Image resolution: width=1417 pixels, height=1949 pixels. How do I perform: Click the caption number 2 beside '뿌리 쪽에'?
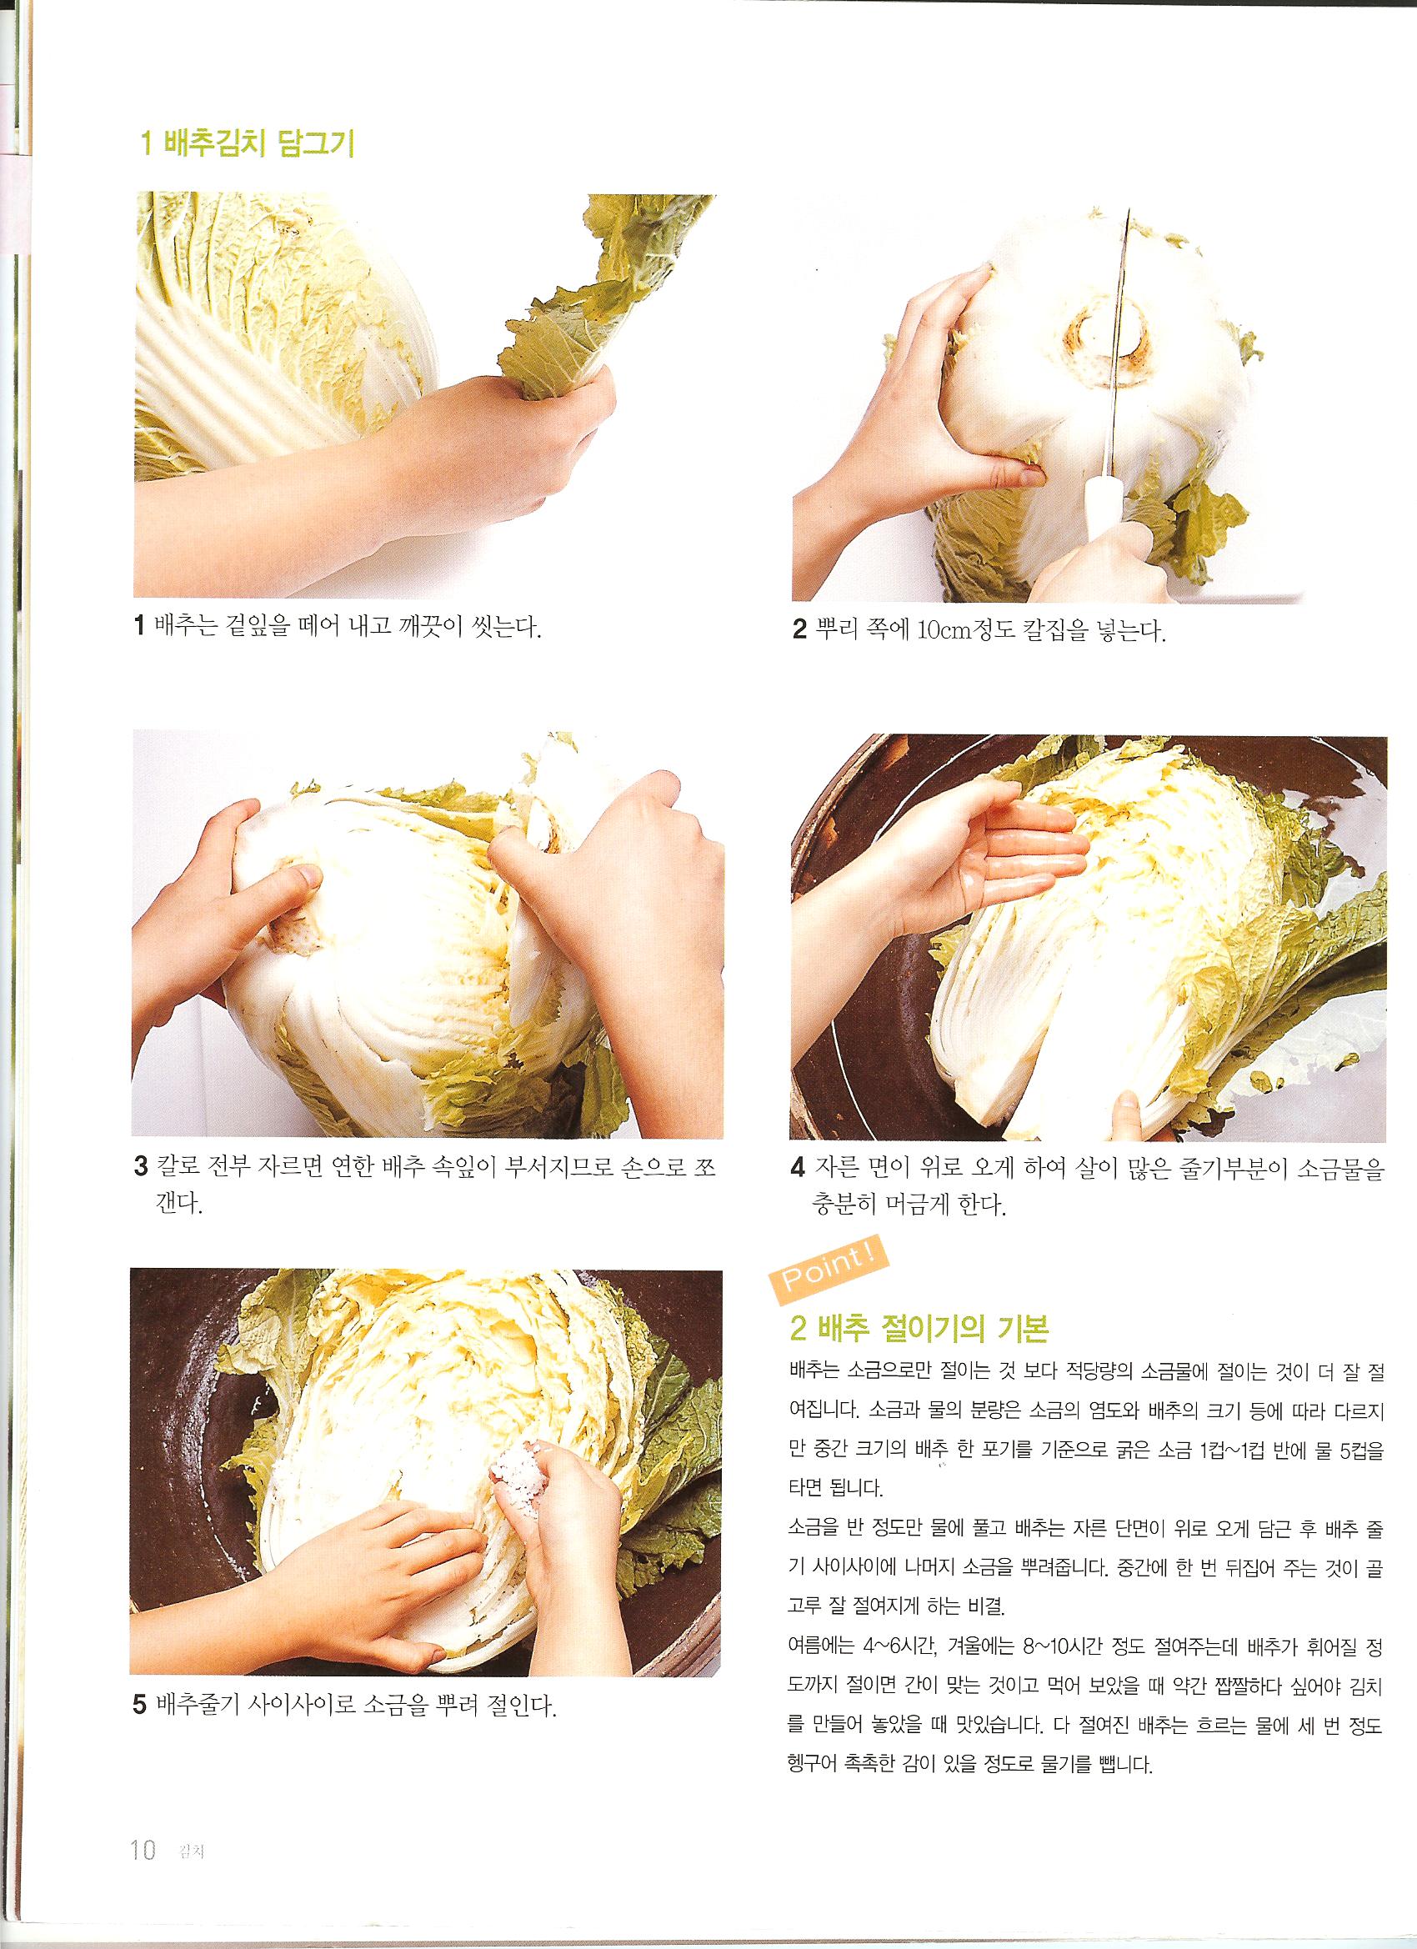799,634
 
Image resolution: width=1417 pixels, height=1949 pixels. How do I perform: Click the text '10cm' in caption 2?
944,634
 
